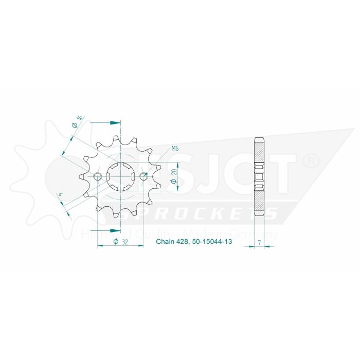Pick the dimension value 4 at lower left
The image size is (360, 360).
point(61,194)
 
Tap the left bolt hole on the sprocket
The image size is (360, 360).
point(98,177)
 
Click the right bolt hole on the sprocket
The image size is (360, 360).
point(143,177)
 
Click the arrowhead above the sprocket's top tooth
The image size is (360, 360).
point(116,123)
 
